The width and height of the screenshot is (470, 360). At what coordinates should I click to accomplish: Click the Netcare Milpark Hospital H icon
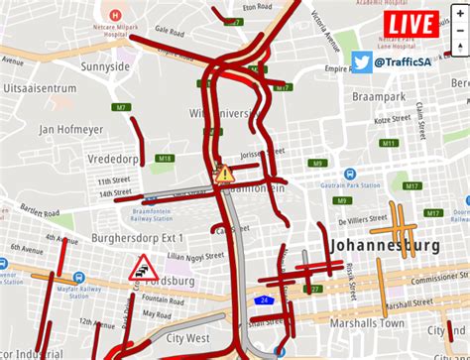pyautogui.click(x=117, y=16)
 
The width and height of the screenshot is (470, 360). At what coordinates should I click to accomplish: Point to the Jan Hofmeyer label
pyautogui.click(x=72, y=129)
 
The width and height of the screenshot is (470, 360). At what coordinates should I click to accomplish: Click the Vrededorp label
pyautogui.click(x=82, y=158)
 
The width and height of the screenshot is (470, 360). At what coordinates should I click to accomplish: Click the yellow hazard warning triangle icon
pyautogui.click(x=225, y=175)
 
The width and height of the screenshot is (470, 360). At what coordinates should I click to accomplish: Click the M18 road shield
pyautogui.click(x=165, y=159)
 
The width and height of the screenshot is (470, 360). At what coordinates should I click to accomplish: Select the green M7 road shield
pyautogui.click(x=120, y=107)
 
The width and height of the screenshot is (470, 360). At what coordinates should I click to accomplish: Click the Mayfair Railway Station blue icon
pyautogui.click(x=4, y=265)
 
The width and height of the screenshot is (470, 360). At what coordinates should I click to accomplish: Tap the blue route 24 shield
pyautogui.click(x=265, y=297)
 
